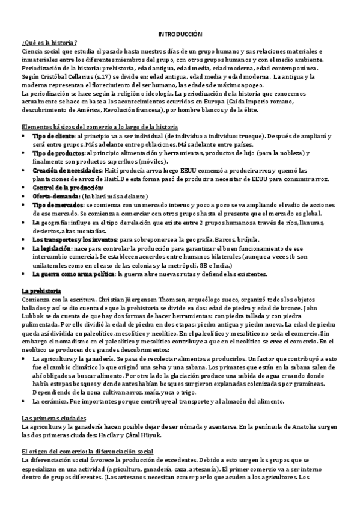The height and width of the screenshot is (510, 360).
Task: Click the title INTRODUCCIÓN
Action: pos(180,35)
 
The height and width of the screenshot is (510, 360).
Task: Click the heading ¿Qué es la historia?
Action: pos(48,43)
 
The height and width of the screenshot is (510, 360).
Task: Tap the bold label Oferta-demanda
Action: pos(55,196)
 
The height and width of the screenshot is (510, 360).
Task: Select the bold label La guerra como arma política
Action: pos(72,274)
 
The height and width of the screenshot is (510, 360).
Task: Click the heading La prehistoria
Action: pos(41,290)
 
